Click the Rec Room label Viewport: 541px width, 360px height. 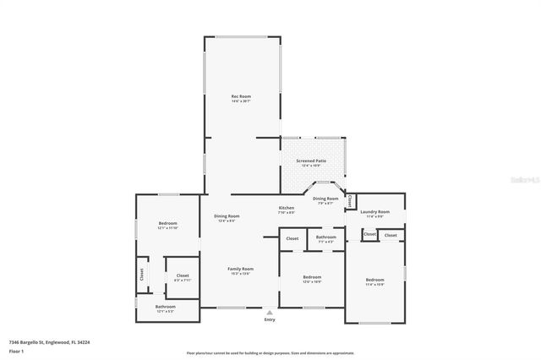click(x=241, y=97)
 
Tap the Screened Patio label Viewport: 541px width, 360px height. click(x=311, y=161)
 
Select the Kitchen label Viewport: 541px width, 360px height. click(x=287, y=208)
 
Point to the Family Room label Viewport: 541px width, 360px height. click(x=241, y=269)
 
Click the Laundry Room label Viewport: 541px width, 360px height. click(x=374, y=211)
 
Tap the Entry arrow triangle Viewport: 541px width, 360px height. click(x=270, y=312)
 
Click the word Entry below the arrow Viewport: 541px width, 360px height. click(x=270, y=319)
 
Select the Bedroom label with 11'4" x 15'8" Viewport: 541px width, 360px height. click(x=374, y=280)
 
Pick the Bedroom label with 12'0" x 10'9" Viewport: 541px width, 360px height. click(x=312, y=277)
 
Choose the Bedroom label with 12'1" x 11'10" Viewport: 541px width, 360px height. click(x=167, y=224)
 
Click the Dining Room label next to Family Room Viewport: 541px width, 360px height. click(x=227, y=216)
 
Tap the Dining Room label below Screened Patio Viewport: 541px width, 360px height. click(x=325, y=199)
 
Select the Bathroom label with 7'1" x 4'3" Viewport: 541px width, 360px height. click(x=326, y=237)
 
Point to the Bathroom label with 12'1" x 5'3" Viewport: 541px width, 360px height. click(x=166, y=307)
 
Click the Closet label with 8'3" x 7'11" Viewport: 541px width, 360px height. click(x=183, y=275)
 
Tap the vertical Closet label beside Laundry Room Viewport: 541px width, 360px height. click(x=350, y=201)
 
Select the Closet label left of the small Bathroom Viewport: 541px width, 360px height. click(x=292, y=238)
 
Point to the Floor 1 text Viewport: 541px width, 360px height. click(x=16, y=351)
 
